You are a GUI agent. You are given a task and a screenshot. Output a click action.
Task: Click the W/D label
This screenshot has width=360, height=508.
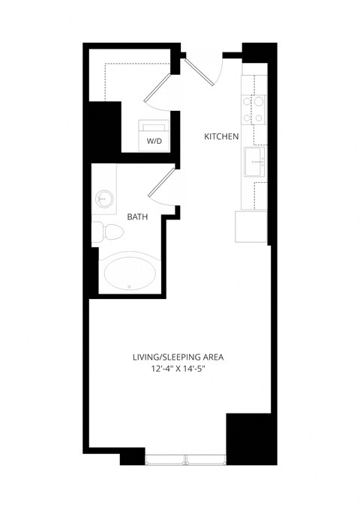coord(154,139)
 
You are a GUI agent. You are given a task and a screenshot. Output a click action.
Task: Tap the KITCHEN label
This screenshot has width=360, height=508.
coord(222,137)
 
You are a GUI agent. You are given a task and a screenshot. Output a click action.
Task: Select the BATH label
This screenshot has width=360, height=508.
coord(137,217)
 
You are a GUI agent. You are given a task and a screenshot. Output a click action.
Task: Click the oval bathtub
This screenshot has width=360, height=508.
coord(131,273)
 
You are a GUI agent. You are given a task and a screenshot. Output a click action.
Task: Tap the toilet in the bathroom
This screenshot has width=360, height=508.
coord(107,231)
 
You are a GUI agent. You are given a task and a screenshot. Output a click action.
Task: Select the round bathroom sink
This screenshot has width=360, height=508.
coord(104,199)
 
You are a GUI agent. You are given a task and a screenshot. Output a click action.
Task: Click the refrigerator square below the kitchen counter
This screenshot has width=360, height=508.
coord(250,226)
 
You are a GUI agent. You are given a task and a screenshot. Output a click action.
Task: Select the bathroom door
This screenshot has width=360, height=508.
coord(162,184)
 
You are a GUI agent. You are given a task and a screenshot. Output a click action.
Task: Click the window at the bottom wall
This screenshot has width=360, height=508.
coord(186,456)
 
